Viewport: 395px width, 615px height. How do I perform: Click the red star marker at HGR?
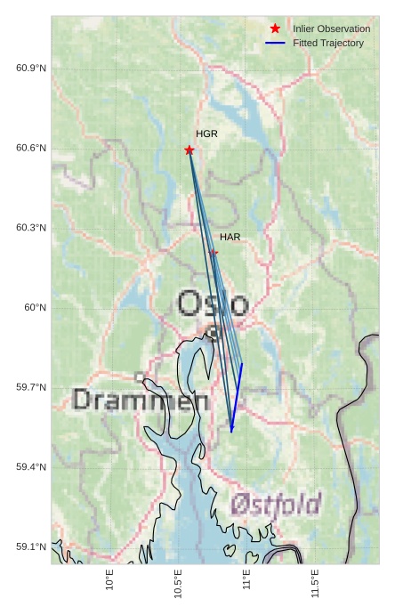tap(189, 150)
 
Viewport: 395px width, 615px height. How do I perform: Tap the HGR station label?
tap(206, 134)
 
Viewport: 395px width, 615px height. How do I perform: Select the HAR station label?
tap(230, 237)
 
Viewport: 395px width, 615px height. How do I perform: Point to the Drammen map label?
tap(141, 400)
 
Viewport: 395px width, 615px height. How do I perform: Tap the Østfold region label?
tap(275, 505)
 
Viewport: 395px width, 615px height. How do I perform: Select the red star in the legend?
tap(275, 28)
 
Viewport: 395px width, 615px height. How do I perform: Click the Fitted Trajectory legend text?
tap(328, 43)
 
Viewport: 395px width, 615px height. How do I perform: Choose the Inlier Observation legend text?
tap(331, 28)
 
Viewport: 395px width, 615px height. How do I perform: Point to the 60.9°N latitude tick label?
tap(31, 69)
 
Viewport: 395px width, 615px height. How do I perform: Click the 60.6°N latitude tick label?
tap(31, 148)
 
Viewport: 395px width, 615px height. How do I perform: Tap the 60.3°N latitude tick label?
tap(31, 228)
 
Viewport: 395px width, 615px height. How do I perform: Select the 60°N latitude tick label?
tap(35, 308)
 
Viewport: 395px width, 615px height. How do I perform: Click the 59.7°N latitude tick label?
tap(31, 387)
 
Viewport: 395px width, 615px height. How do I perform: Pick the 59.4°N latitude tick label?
tap(31, 467)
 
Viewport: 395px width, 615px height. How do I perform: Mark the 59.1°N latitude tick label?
tap(31, 546)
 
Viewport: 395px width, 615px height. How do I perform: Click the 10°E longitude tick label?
tap(110, 581)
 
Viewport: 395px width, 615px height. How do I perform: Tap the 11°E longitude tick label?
tap(246, 581)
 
